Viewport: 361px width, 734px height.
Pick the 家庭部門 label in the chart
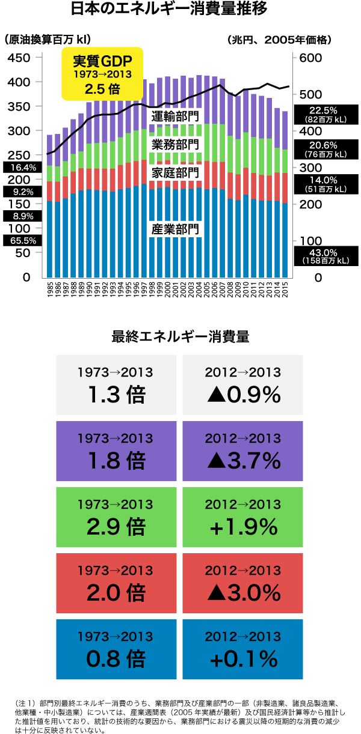click(x=174, y=172)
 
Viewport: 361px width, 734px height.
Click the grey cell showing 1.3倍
click(x=116, y=384)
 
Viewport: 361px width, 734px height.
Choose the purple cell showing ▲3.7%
click(x=242, y=451)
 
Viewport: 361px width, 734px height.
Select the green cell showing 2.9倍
click(x=116, y=517)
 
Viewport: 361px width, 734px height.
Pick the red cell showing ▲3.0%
click(x=242, y=583)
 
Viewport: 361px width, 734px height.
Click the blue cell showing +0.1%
click(x=242, y=649)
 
